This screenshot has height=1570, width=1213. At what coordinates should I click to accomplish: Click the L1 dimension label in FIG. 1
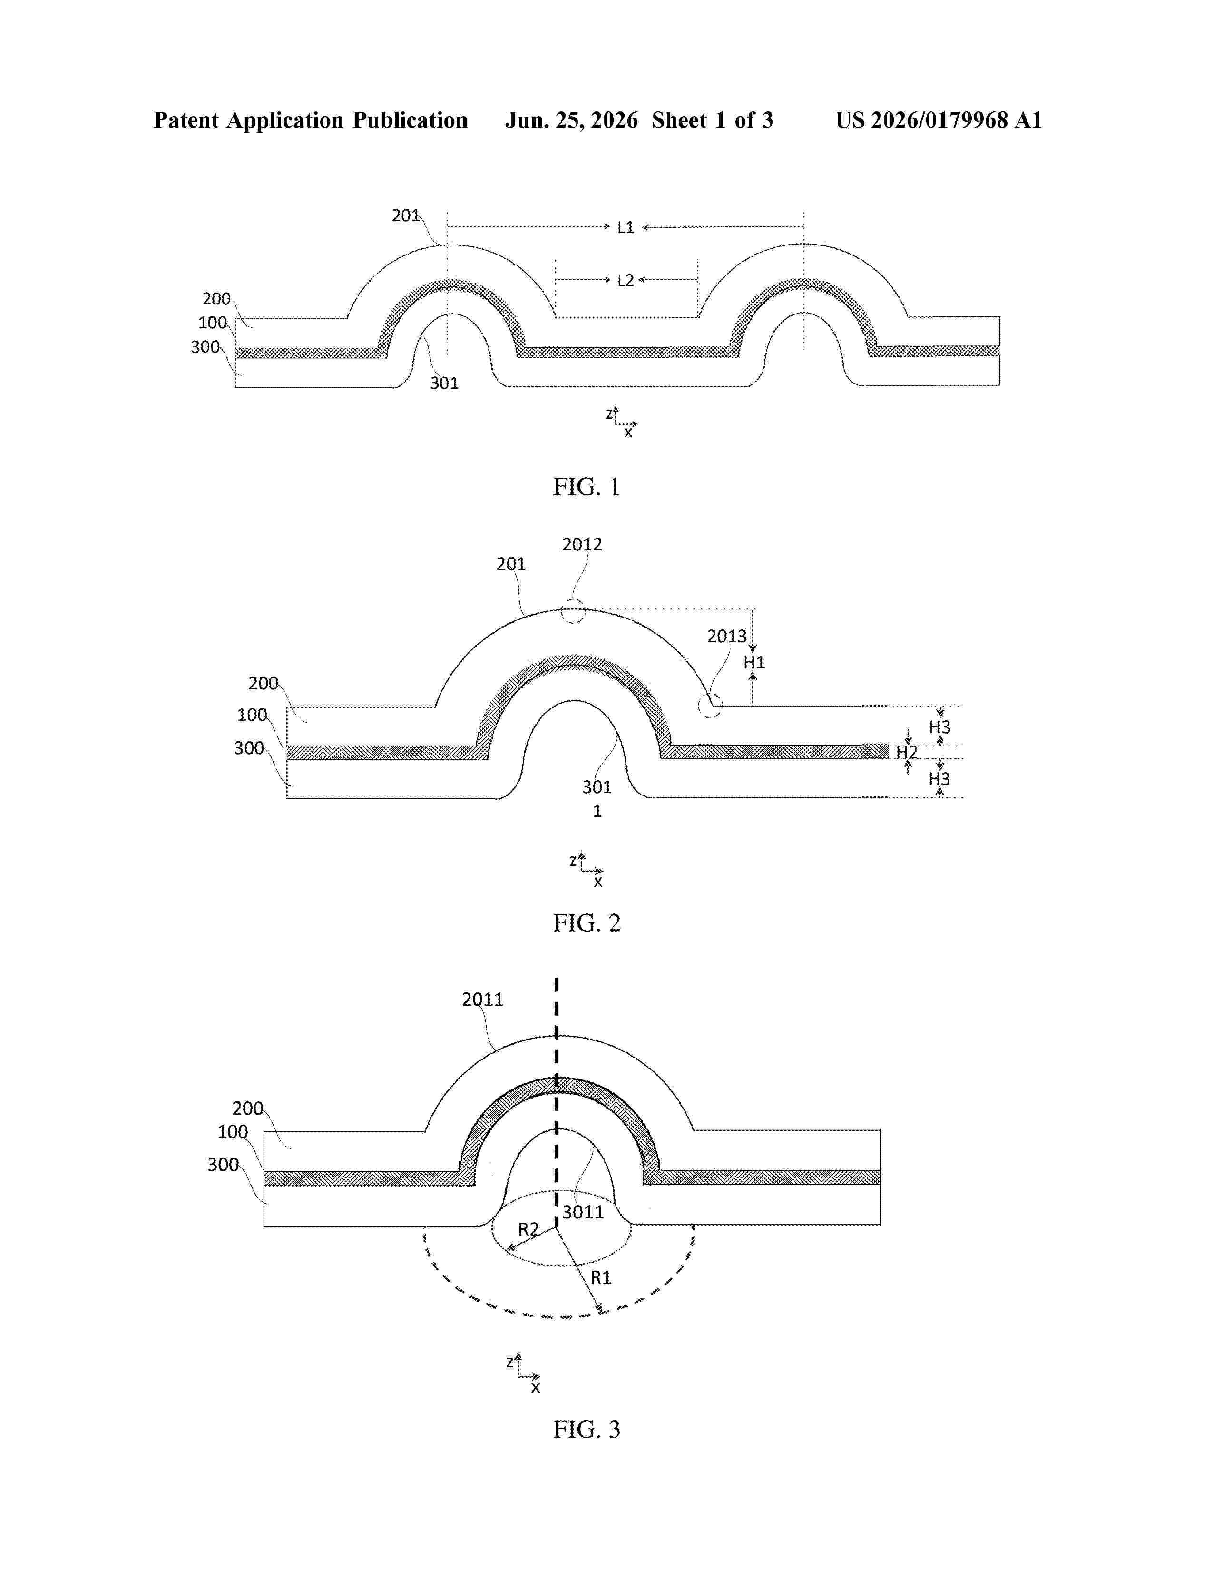(x=626, y=227)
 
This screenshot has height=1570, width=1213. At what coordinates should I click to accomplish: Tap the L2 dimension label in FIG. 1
(x=626, y=280)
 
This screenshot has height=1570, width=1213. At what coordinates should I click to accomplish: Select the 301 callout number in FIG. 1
(x=444, y=383)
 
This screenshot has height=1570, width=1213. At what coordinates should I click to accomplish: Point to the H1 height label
(x=754, y=662)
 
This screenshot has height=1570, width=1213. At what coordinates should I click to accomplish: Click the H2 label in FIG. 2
(x=906, y=753)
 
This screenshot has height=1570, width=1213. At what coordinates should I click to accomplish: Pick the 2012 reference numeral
(x=582, y=544)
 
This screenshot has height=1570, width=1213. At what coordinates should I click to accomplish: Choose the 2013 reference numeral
(x=727, y=636)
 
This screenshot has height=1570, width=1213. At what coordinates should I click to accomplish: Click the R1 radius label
(x=601, y=1277)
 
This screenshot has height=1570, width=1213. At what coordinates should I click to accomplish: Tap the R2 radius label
(x=528, y=1229)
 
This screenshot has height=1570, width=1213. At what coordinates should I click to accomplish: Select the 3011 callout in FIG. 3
(x=583, y=1212)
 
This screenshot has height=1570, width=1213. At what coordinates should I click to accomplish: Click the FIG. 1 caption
(x=587, y=487)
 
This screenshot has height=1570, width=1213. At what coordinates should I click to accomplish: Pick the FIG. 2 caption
(x=587, y=922)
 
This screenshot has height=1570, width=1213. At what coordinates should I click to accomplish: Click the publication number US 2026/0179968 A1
(x=939, y=120)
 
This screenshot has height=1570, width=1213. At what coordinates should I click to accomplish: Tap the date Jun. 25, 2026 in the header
(x=571, y=120)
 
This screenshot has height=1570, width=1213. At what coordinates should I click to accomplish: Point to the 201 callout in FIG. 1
(x=405, y=215)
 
